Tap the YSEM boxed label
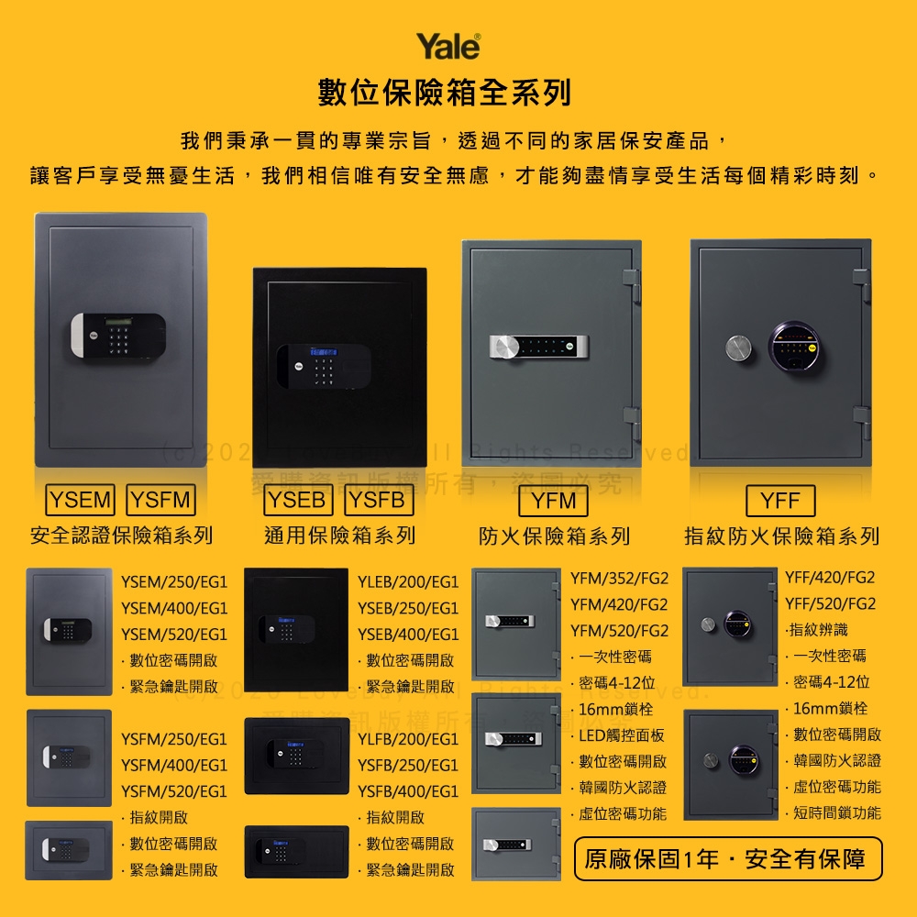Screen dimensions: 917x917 tap(82, 500)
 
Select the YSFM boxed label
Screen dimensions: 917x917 tap(160, 500)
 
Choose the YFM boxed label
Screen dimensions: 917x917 tap(554, 501)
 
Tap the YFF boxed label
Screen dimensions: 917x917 tap(780, 501)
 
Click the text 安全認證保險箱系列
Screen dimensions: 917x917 tap(122, 535)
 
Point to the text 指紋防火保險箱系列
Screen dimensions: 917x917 tap(781, 536)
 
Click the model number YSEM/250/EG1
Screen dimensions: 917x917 tap(174, 581)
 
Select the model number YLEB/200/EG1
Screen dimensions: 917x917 tap(408, 581)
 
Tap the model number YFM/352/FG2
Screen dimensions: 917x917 tap(619, 579)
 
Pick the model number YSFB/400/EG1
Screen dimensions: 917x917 tap(408, 790)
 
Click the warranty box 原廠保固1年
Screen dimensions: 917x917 tap(728, 859)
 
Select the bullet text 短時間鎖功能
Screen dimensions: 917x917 tap(836, 812)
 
